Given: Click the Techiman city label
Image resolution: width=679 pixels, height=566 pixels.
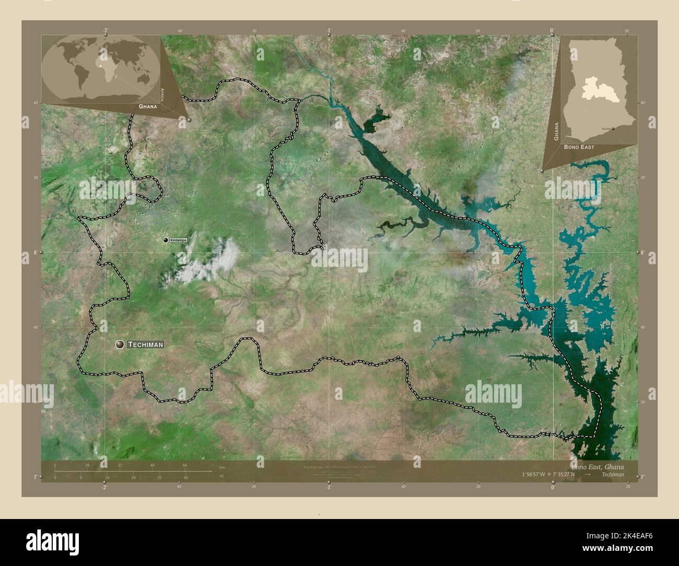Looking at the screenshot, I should pyautogui.click(x=146, y=345).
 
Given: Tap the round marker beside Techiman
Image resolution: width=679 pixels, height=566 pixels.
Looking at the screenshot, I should pyautogui.click(x=120, y=344).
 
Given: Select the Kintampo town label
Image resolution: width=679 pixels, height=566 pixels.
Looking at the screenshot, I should pyautogui.click(x=178, y=240).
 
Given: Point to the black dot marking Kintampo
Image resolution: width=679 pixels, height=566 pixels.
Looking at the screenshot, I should pyautogui.click(x=166, y=240).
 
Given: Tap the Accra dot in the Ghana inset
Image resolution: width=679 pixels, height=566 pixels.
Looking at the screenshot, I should pyautogui.click(x=613, y=127).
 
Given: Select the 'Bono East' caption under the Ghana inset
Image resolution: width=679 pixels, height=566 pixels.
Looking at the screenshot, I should pyautogui.click(x=579, y=147).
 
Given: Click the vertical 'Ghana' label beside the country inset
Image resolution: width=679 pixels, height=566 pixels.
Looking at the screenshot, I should pyautogui.click(x=556, y=132).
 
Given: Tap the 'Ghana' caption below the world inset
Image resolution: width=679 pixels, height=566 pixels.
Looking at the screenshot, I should pyautogui.click(x=148, y=106).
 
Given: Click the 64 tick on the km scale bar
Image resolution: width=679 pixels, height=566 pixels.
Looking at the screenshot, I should pyautogui.click(x=184, y=465).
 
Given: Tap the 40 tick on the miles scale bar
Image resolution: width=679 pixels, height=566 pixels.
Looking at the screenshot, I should pyautogui.click(x=185, y=477).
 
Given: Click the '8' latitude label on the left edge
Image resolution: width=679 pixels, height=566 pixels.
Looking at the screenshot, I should pyautogui.click(x=35, y=252).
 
